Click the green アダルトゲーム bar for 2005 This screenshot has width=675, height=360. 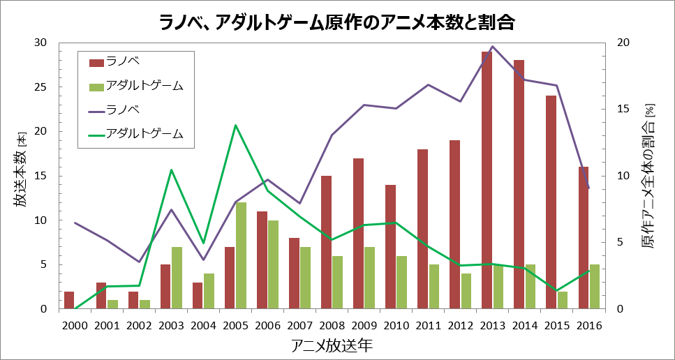[241, 255]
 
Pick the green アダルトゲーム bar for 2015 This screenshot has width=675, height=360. [562, 300]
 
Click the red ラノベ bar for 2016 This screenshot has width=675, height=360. [583, 237]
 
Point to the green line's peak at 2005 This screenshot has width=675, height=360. [235, 125]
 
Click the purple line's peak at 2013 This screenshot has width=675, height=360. [493, 47]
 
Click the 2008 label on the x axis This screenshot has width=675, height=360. [332, 325]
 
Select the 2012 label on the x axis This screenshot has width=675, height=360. [460, 325]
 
